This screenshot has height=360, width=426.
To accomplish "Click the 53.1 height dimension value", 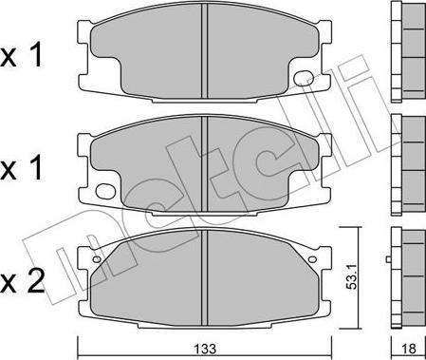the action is tap(352, 277).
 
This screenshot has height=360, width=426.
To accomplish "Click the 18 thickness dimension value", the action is tap(410, 349).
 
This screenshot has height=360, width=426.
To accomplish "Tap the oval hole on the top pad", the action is tap(304, 78).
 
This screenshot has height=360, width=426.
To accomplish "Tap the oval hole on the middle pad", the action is tap(105, 191).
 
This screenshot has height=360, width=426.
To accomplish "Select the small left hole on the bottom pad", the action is tap(97, 259).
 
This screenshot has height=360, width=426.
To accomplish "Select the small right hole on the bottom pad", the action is tap(312, 259).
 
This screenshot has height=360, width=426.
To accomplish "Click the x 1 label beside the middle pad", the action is tap(21, 169).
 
